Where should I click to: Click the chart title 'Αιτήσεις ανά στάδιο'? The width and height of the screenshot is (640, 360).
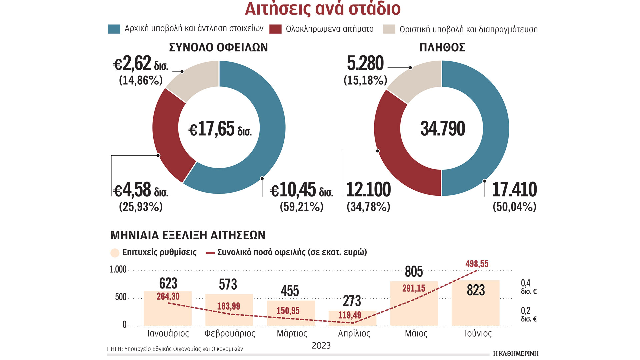pos(322,9)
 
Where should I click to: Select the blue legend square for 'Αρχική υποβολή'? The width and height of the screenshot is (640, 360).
pos(114,29)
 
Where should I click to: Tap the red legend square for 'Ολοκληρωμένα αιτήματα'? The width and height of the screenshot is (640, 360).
pos(275,29)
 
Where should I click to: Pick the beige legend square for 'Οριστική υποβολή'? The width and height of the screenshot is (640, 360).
pos(389,29)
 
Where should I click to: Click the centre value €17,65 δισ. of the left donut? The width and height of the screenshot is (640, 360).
pos(220,129)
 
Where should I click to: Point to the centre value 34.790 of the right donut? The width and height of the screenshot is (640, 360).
pos(443,129)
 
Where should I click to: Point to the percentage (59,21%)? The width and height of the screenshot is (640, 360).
pos(301,207)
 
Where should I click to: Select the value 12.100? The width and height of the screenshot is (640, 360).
pos(368,190)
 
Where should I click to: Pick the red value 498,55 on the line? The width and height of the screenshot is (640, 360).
pos(477,264)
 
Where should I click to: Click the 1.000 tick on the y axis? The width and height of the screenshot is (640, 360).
pos(118,269)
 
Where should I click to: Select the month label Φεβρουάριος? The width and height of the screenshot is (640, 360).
pos(230,334)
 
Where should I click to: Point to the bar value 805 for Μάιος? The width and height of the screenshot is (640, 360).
pos(414,272)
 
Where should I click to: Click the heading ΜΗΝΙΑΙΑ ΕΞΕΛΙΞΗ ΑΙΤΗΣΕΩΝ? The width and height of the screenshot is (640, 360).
pos(188,235)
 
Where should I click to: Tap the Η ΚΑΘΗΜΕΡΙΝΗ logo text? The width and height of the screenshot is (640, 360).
pos(516,353)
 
